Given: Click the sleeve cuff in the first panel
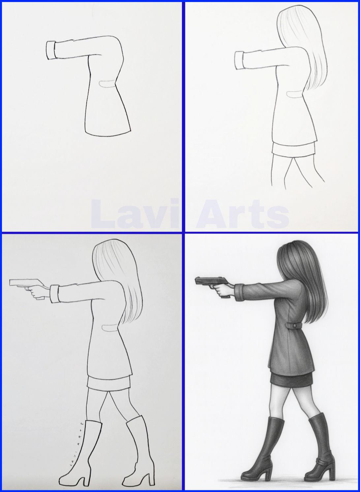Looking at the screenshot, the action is (x=50, y=50).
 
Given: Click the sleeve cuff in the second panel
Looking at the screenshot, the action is (x=239, y=60).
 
